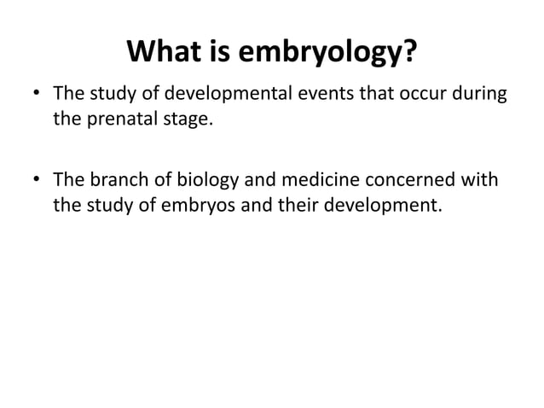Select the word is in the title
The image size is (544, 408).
(x=211, y=55)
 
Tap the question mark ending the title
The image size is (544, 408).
(x=408, y=55)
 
